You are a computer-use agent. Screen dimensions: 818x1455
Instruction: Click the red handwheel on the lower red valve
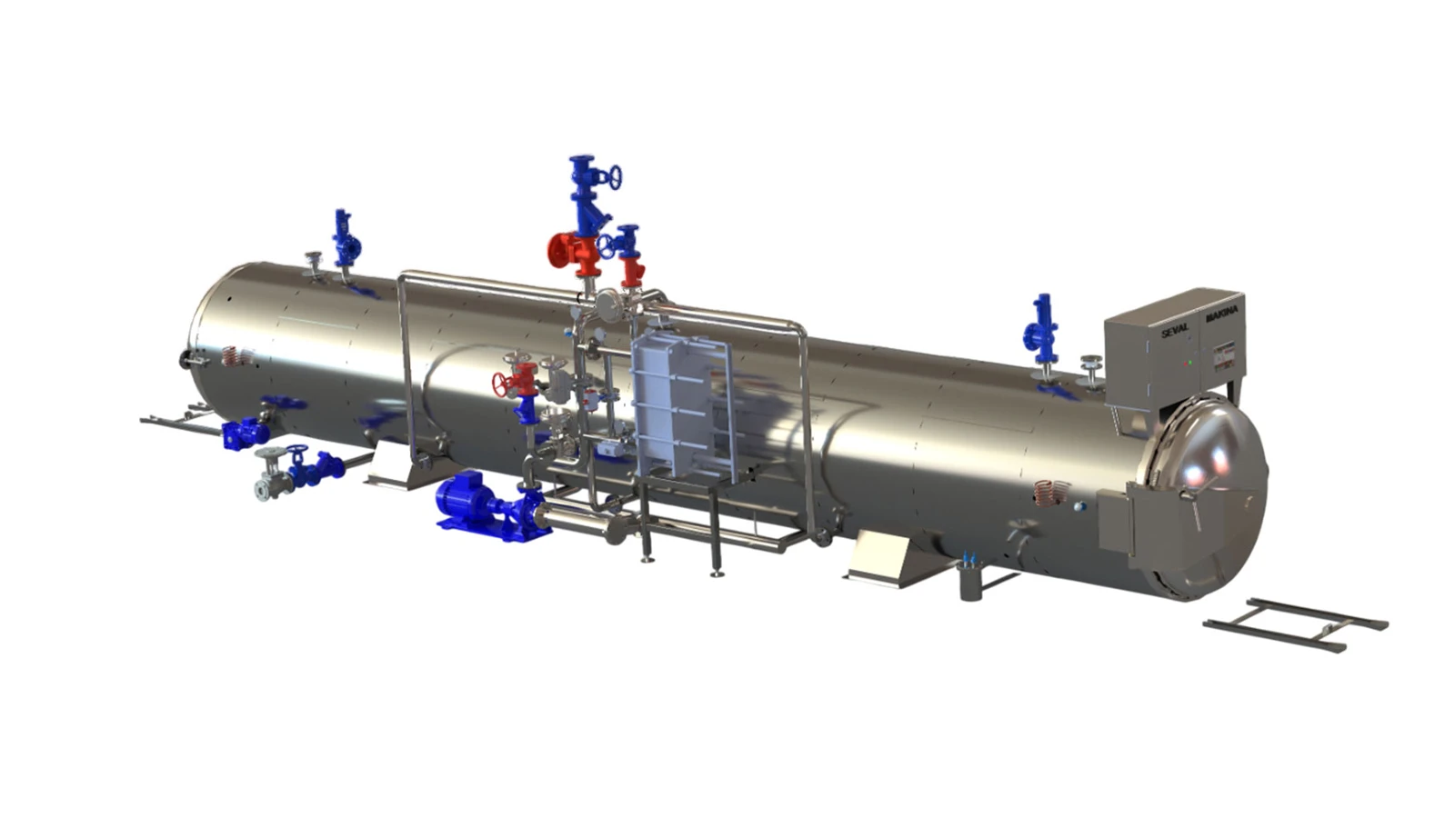point(501,384)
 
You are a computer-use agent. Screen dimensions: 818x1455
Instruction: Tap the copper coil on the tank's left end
point(235,356)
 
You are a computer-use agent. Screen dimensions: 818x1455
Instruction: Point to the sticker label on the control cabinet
point(1224,356)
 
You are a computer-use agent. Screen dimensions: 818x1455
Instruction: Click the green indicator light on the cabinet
point(1183,363)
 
